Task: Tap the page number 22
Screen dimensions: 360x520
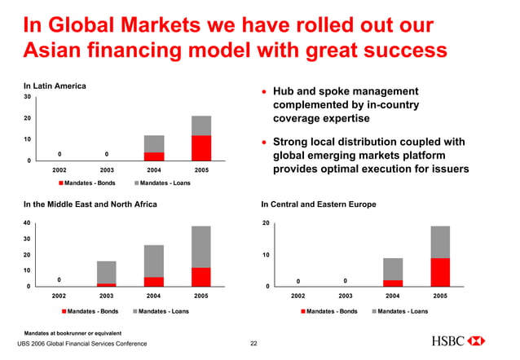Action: (253, 345)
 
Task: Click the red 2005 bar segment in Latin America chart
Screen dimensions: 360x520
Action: (201, 147)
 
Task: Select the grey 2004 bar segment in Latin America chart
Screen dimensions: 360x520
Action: (154, 143)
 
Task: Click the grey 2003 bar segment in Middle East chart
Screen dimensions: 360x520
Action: (107, 272)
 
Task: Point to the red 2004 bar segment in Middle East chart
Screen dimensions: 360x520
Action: (154, 281)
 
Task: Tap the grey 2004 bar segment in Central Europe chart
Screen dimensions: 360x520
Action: (393, 269)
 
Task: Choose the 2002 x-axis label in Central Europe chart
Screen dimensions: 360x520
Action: (298, 296)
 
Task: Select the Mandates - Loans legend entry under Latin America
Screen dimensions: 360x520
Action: (160, 182)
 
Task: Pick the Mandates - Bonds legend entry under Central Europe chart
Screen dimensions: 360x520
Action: (330, 311)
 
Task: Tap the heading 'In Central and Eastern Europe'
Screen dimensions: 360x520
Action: (318, 204)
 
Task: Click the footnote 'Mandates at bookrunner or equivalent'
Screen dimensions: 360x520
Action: (73, 333)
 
